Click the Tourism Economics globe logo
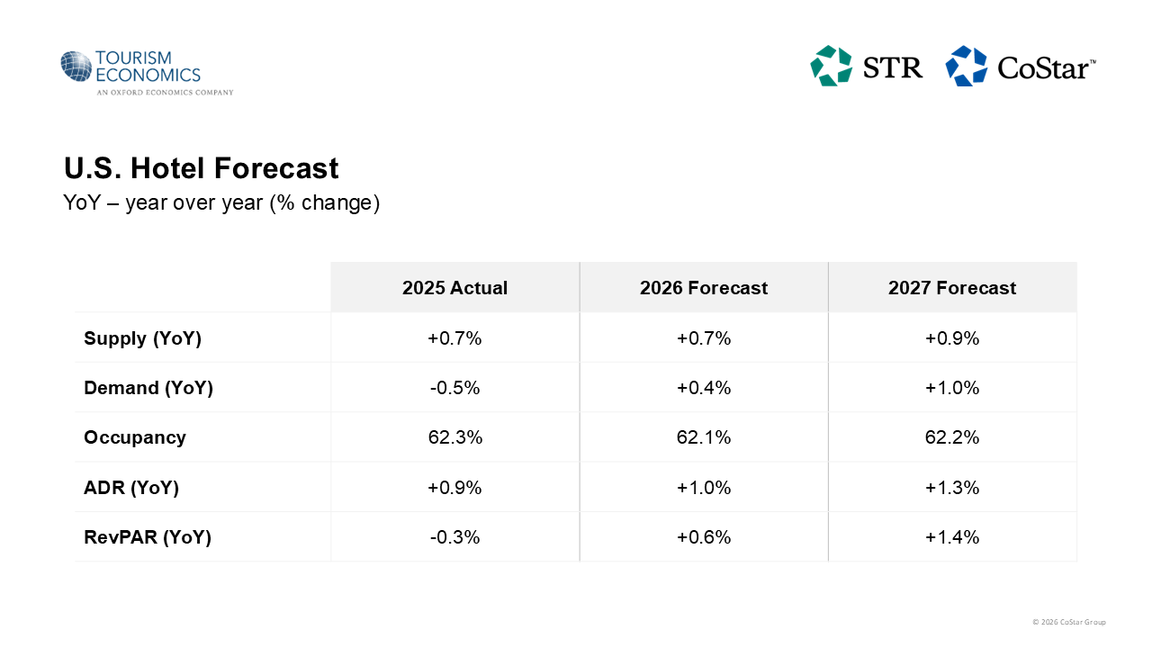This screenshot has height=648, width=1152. [76, 67]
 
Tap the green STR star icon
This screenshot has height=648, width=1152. [831, 66]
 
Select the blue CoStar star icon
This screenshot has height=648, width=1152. [967, 66]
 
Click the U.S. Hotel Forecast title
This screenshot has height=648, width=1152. [201, 168]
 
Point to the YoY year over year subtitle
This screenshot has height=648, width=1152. [221, 203]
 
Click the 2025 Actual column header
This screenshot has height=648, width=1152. [454, 288]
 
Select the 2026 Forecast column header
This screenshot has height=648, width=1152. [704, 288]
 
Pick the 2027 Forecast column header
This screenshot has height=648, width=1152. [952, 288]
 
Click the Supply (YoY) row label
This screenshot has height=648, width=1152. [142, 338]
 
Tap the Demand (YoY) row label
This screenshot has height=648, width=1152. [148, 388]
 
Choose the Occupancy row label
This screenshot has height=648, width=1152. [135, 437]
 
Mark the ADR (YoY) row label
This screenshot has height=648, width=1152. [131, 488]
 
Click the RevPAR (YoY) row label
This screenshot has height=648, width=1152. [148, 537]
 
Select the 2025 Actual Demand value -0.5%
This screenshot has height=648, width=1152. [454, 388]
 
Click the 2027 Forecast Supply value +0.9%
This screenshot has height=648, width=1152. [952, 338]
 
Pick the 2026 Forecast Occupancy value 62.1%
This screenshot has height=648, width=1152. [704, 437]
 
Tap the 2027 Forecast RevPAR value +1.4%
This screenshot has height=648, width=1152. [952, 537]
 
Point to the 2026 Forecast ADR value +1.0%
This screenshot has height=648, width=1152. [704, 488]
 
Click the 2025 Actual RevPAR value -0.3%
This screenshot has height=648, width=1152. [454, 537]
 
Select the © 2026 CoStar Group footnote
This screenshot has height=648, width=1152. [1069, 622]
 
